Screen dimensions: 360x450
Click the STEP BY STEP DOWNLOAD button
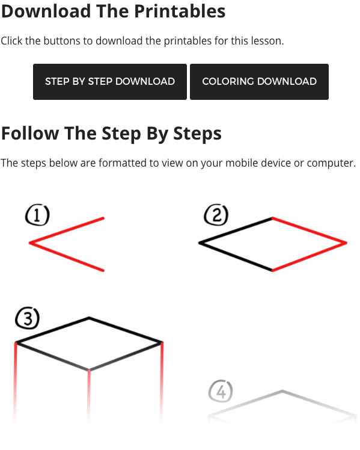110,82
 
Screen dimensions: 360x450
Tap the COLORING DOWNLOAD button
259,82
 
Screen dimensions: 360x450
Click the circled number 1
37,215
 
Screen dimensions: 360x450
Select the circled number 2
216,215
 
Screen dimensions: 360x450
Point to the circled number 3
27,318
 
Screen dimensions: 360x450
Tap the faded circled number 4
221,391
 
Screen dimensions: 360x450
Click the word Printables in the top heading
180,11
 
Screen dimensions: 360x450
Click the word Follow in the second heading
30,134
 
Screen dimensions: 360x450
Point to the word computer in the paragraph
331,163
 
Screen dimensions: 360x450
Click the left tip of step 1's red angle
29,243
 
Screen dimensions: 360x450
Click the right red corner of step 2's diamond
347,243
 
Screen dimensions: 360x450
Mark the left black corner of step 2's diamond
200,243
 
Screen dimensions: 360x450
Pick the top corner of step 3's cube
89,318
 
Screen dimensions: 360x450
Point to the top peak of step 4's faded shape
282,390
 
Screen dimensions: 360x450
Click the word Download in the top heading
46,11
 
